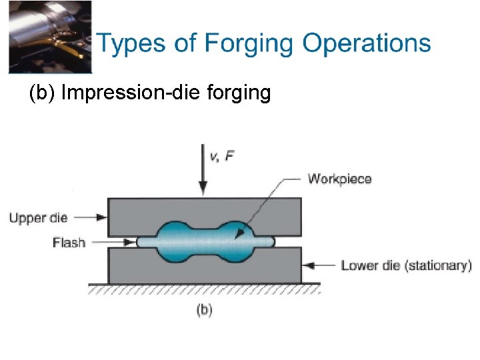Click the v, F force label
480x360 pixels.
coord(222,157)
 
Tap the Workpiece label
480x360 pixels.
coord(339,179)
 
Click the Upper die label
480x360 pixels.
coord(38,217)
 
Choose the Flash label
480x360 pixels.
coord(69,242)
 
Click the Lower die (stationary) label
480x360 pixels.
coord(406,265)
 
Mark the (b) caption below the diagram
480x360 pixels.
coord(204,310)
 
